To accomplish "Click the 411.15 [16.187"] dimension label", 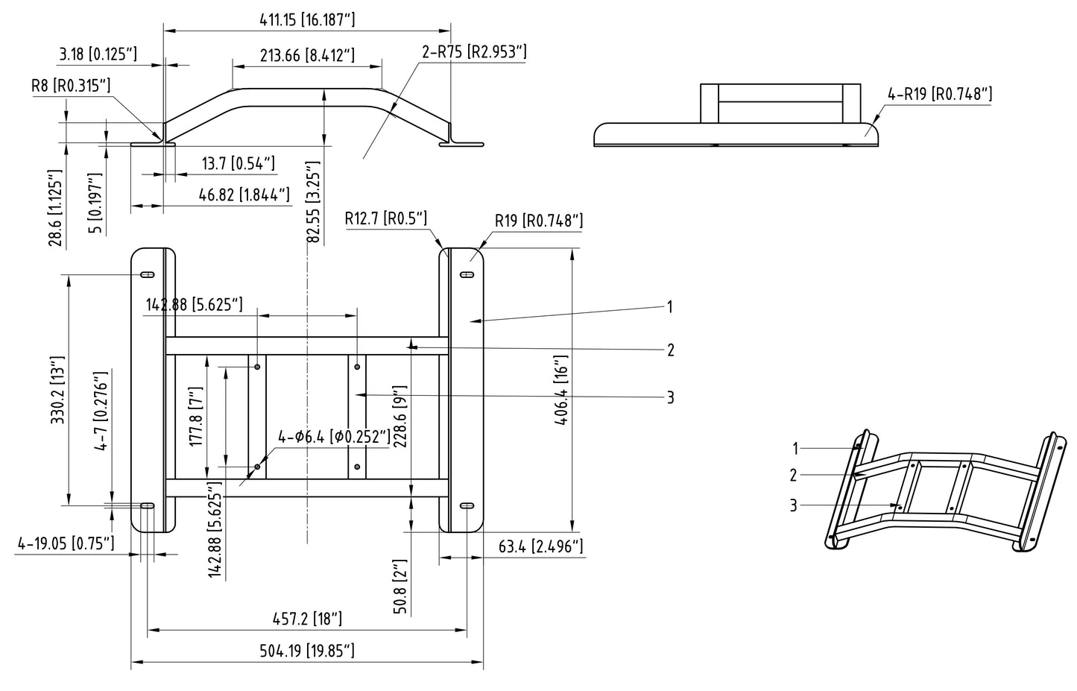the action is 307,19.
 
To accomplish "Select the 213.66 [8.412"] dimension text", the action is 307,55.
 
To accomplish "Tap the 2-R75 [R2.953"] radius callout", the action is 474,51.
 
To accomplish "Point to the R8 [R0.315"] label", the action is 71,86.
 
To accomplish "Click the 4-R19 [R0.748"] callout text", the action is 940,94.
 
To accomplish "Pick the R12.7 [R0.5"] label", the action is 385,218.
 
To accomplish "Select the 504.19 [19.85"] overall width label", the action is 307,651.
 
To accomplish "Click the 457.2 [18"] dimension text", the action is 307,619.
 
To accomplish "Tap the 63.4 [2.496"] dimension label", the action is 540,546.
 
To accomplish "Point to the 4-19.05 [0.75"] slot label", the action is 66,543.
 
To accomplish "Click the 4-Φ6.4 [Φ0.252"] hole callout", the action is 334,437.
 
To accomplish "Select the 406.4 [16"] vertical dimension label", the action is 561,390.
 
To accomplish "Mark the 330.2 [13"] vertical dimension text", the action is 57,390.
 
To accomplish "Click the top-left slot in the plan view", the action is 147,274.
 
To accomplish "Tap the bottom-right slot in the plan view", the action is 467,506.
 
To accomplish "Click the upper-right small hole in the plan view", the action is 357,367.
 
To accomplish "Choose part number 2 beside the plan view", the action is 671,350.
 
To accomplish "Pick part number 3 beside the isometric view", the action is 793,505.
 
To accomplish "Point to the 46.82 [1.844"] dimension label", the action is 244,195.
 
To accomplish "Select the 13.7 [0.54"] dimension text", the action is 239,163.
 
